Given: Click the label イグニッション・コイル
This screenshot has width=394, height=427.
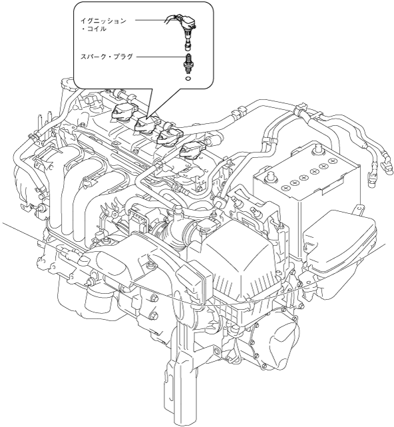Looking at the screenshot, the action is point(103,25).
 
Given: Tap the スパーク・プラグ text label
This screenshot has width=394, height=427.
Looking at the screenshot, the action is point(106,57).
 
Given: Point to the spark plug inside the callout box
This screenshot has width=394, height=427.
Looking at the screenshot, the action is point(187,64).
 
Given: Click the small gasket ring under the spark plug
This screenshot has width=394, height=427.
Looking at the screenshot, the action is point(188,79).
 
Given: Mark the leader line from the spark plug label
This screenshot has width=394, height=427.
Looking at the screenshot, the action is point(160,57).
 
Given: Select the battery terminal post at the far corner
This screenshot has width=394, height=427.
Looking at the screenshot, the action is point(317,149).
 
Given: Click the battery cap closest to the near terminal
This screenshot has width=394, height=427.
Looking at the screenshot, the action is point(286,188).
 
